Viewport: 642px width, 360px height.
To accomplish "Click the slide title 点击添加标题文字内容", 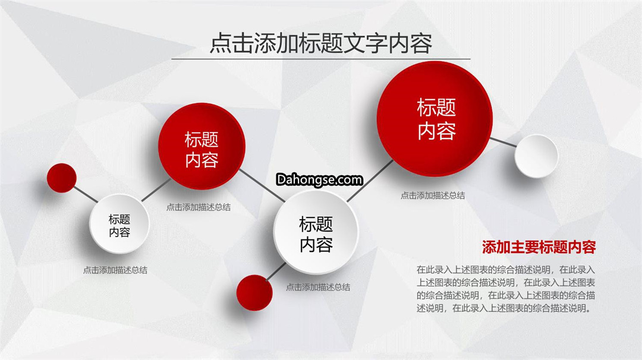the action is [320, 43].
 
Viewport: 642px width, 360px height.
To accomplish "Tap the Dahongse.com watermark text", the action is [319, 179].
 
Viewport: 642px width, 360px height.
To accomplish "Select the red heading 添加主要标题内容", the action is [539, 247].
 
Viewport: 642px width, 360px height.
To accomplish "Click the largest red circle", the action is [435, 119].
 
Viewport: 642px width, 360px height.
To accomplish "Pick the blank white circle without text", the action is [536, 156].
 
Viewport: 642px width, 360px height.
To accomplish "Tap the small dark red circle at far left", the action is [61, 178].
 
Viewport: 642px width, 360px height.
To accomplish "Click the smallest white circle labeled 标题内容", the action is [119, 224].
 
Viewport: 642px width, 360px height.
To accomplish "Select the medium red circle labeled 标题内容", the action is [202, 146].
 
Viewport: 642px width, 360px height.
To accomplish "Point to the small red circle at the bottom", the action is [254, 292].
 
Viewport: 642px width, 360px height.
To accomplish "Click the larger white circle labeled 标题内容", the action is [316, 232].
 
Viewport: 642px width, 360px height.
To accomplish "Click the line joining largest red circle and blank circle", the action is [503, 143].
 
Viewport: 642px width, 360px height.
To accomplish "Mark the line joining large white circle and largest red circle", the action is [370, 181].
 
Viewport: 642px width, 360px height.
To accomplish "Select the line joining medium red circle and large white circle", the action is [262, 185].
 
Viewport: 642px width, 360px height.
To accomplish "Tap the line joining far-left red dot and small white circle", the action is [86, 194].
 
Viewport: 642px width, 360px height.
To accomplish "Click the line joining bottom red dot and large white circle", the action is [276, 271].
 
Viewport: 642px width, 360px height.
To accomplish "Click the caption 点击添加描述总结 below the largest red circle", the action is [432, 195].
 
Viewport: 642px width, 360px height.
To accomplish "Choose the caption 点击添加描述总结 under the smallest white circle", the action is [115, 270].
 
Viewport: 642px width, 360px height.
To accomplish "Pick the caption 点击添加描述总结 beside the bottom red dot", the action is [317, 287].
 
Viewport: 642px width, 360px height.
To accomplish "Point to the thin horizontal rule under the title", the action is [320, 59].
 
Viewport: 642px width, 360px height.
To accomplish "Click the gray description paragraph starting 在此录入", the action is [506, 289].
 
